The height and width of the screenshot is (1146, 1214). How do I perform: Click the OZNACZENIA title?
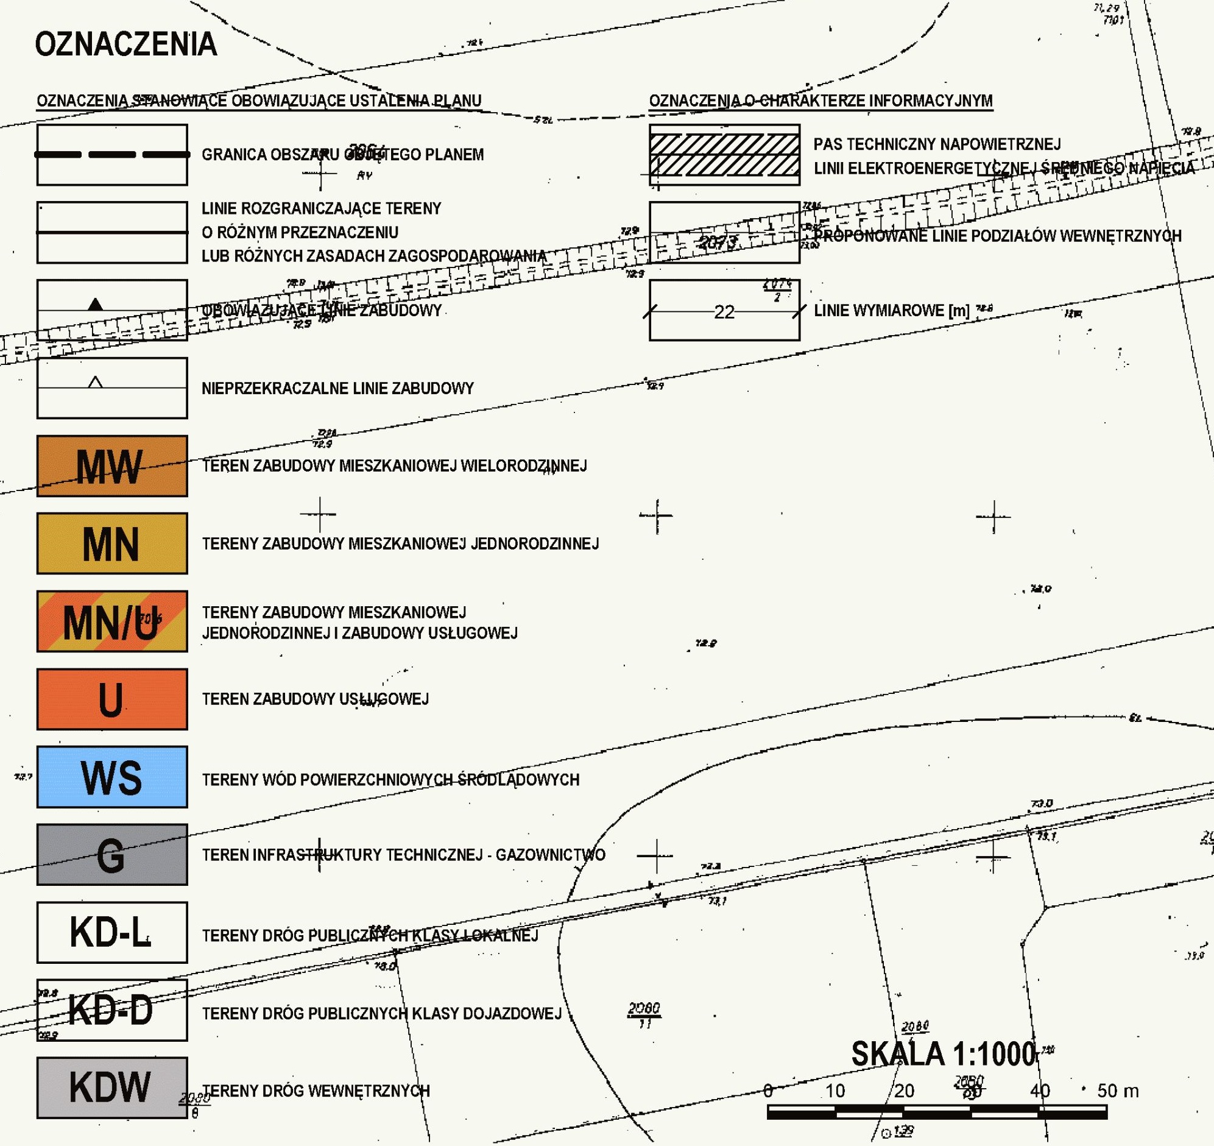126,44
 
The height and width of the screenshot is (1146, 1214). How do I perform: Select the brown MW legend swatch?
111,466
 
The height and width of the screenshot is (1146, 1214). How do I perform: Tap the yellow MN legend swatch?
111,543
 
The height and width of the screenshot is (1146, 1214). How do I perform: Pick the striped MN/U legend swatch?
111,621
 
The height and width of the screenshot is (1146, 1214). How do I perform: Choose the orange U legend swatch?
111,699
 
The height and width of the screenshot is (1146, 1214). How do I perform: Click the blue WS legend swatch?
111,777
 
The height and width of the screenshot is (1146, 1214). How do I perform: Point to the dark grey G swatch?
111,855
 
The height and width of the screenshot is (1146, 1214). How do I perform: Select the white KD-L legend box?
111,932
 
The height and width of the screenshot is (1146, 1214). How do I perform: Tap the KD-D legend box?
111,1010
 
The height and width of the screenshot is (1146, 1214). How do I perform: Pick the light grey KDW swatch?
111,1088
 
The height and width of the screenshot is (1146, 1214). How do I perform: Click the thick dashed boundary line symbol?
111,155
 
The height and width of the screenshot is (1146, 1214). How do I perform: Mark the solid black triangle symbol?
95,304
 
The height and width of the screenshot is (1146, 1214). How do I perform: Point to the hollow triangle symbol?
95,383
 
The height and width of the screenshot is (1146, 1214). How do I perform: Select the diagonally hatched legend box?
724,155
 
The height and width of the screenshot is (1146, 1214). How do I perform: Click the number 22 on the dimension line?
724,312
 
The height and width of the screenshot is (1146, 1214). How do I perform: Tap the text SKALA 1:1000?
944,1055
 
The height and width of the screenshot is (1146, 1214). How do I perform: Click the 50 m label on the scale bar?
1118,1091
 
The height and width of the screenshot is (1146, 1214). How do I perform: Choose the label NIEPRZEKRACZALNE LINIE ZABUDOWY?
337,389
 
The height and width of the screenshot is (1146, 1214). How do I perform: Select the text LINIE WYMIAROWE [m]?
892,311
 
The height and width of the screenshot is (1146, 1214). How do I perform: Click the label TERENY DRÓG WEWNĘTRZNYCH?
316,1091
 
